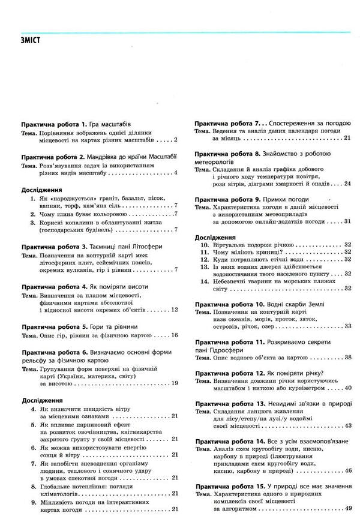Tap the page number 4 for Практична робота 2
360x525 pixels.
pos(176,173)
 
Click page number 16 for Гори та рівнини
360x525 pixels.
pos(174,335)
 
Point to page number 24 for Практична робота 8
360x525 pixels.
pos(347,184)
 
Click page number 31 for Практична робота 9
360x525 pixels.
pos(347,221)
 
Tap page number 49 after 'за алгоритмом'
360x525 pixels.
pos(347,509)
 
